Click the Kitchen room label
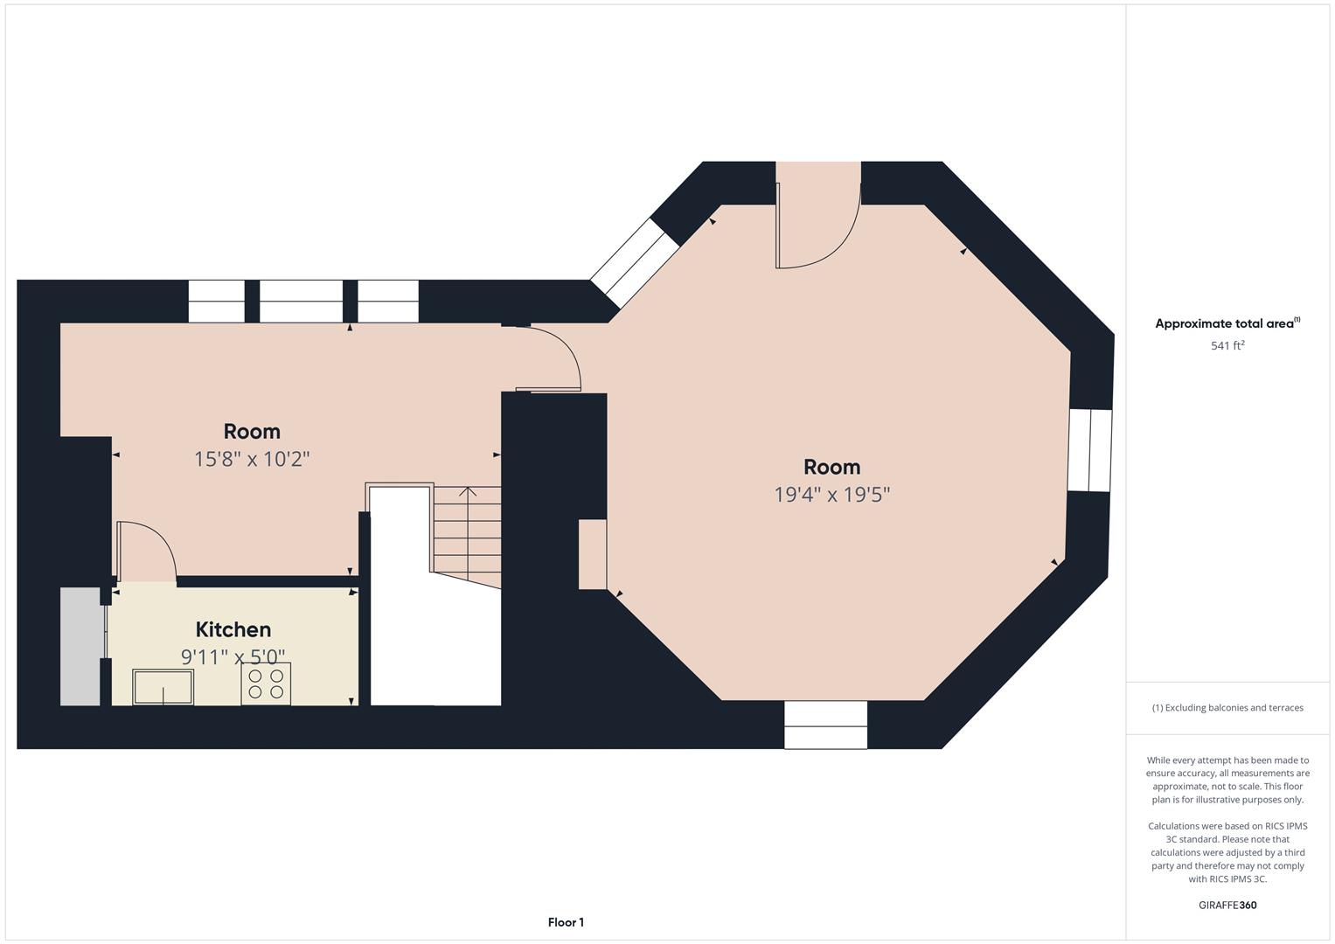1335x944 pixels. pyautogui.click(x=233, y=629)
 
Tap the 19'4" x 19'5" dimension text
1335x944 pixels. pyautogui.click(x=831, y=495)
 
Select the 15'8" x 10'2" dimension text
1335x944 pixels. pyautogui.click(x=252, y=459)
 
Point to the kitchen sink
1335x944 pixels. pyautogui.click(x=163, y=687)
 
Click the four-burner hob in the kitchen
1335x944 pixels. pyautogui.click(x=266, y=684)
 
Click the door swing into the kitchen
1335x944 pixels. pyautogui.click(x=147, y=552)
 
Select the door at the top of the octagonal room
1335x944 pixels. pyautogui.click(x=817, y=226)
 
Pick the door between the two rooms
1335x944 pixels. pyautogui.click(x=548, y=358)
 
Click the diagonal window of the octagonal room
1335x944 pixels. pyautogui.click(x=635, y=263)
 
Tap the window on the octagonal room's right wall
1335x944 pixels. pyautogui.click(x=1089, y=450)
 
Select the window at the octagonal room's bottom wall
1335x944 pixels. pyautogui.click(x=825, y=725)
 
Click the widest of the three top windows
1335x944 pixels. pyautogui.click(x=301, y=301)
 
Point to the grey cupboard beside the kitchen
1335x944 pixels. pyautogui.click(x=80, y=647)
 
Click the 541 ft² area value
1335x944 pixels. pyautogui.click(x=1227, y=345)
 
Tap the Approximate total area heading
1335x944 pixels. pyautogui.click(x=1227, y=323)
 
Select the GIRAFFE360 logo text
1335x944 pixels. pyautogui.click(x=1227, y=906)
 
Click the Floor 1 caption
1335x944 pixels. pyautogui.click(x=566, y=922)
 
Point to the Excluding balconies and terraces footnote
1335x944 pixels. pyautogui.click(x=1227, y=707)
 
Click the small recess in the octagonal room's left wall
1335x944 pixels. pyautogui.click(x=593, y=554)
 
